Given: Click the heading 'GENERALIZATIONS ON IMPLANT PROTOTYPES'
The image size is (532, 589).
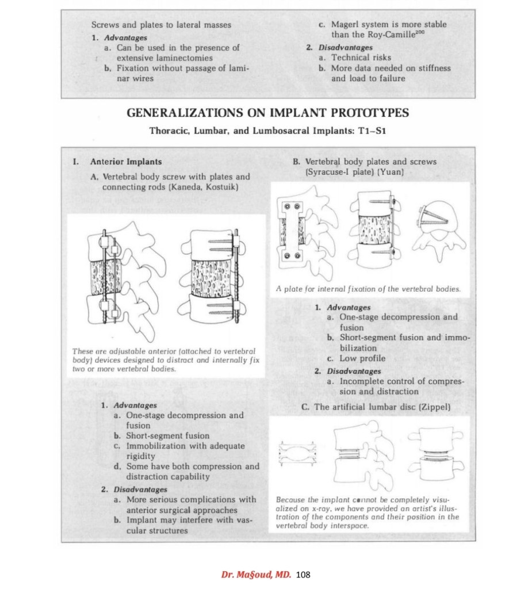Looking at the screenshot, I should (267, 113).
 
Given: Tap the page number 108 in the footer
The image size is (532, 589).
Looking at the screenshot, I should (303, 574).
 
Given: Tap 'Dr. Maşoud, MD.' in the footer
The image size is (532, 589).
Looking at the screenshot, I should (257, 574).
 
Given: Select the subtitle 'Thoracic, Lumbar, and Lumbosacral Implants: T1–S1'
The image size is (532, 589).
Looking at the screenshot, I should (267, 131).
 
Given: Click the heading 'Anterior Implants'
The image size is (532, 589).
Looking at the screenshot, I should (126, 162).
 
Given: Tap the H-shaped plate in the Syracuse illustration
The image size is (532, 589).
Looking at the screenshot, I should (293, 230).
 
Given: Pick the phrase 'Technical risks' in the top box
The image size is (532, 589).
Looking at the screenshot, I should (361, 58).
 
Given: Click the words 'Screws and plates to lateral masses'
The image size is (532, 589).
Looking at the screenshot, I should (161, 25).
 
